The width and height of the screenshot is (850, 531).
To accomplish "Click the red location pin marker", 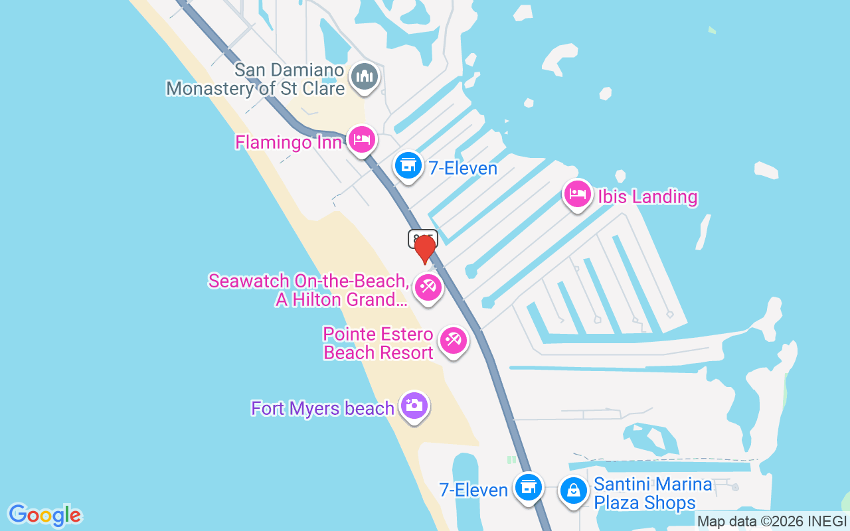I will click(424, 249).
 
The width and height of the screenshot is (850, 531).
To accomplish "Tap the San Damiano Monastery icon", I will click(365, 76).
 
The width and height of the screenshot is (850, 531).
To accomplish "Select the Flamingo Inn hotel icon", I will click(362, 140).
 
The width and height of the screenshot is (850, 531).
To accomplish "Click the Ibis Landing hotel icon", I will click(577, 194).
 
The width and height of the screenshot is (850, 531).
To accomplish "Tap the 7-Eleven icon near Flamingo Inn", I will click(408, 166).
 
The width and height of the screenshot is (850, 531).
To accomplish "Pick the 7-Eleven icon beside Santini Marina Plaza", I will click(529, 488).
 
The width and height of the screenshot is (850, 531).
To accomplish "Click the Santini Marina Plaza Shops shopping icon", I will click(572, 491).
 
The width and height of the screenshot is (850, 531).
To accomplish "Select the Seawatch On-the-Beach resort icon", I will click(428, 287).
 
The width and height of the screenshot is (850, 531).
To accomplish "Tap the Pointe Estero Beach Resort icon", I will click(454, 341).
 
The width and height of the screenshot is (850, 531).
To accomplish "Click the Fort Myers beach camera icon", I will click(414, 405).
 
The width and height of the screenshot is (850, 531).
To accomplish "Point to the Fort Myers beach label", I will click(323, 408).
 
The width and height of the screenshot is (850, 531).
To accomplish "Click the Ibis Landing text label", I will click(647, 197).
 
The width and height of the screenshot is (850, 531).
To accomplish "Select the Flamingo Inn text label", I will click(288, 143).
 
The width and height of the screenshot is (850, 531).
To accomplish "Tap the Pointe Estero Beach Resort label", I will click(379, 343).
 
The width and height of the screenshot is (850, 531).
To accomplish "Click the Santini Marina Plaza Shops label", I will click(653, 494).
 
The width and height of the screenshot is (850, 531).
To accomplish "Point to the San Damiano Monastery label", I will click(256, 80).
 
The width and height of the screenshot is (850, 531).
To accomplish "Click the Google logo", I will click(44, 515).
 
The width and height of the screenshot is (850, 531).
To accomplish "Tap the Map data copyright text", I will click(772, 521).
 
